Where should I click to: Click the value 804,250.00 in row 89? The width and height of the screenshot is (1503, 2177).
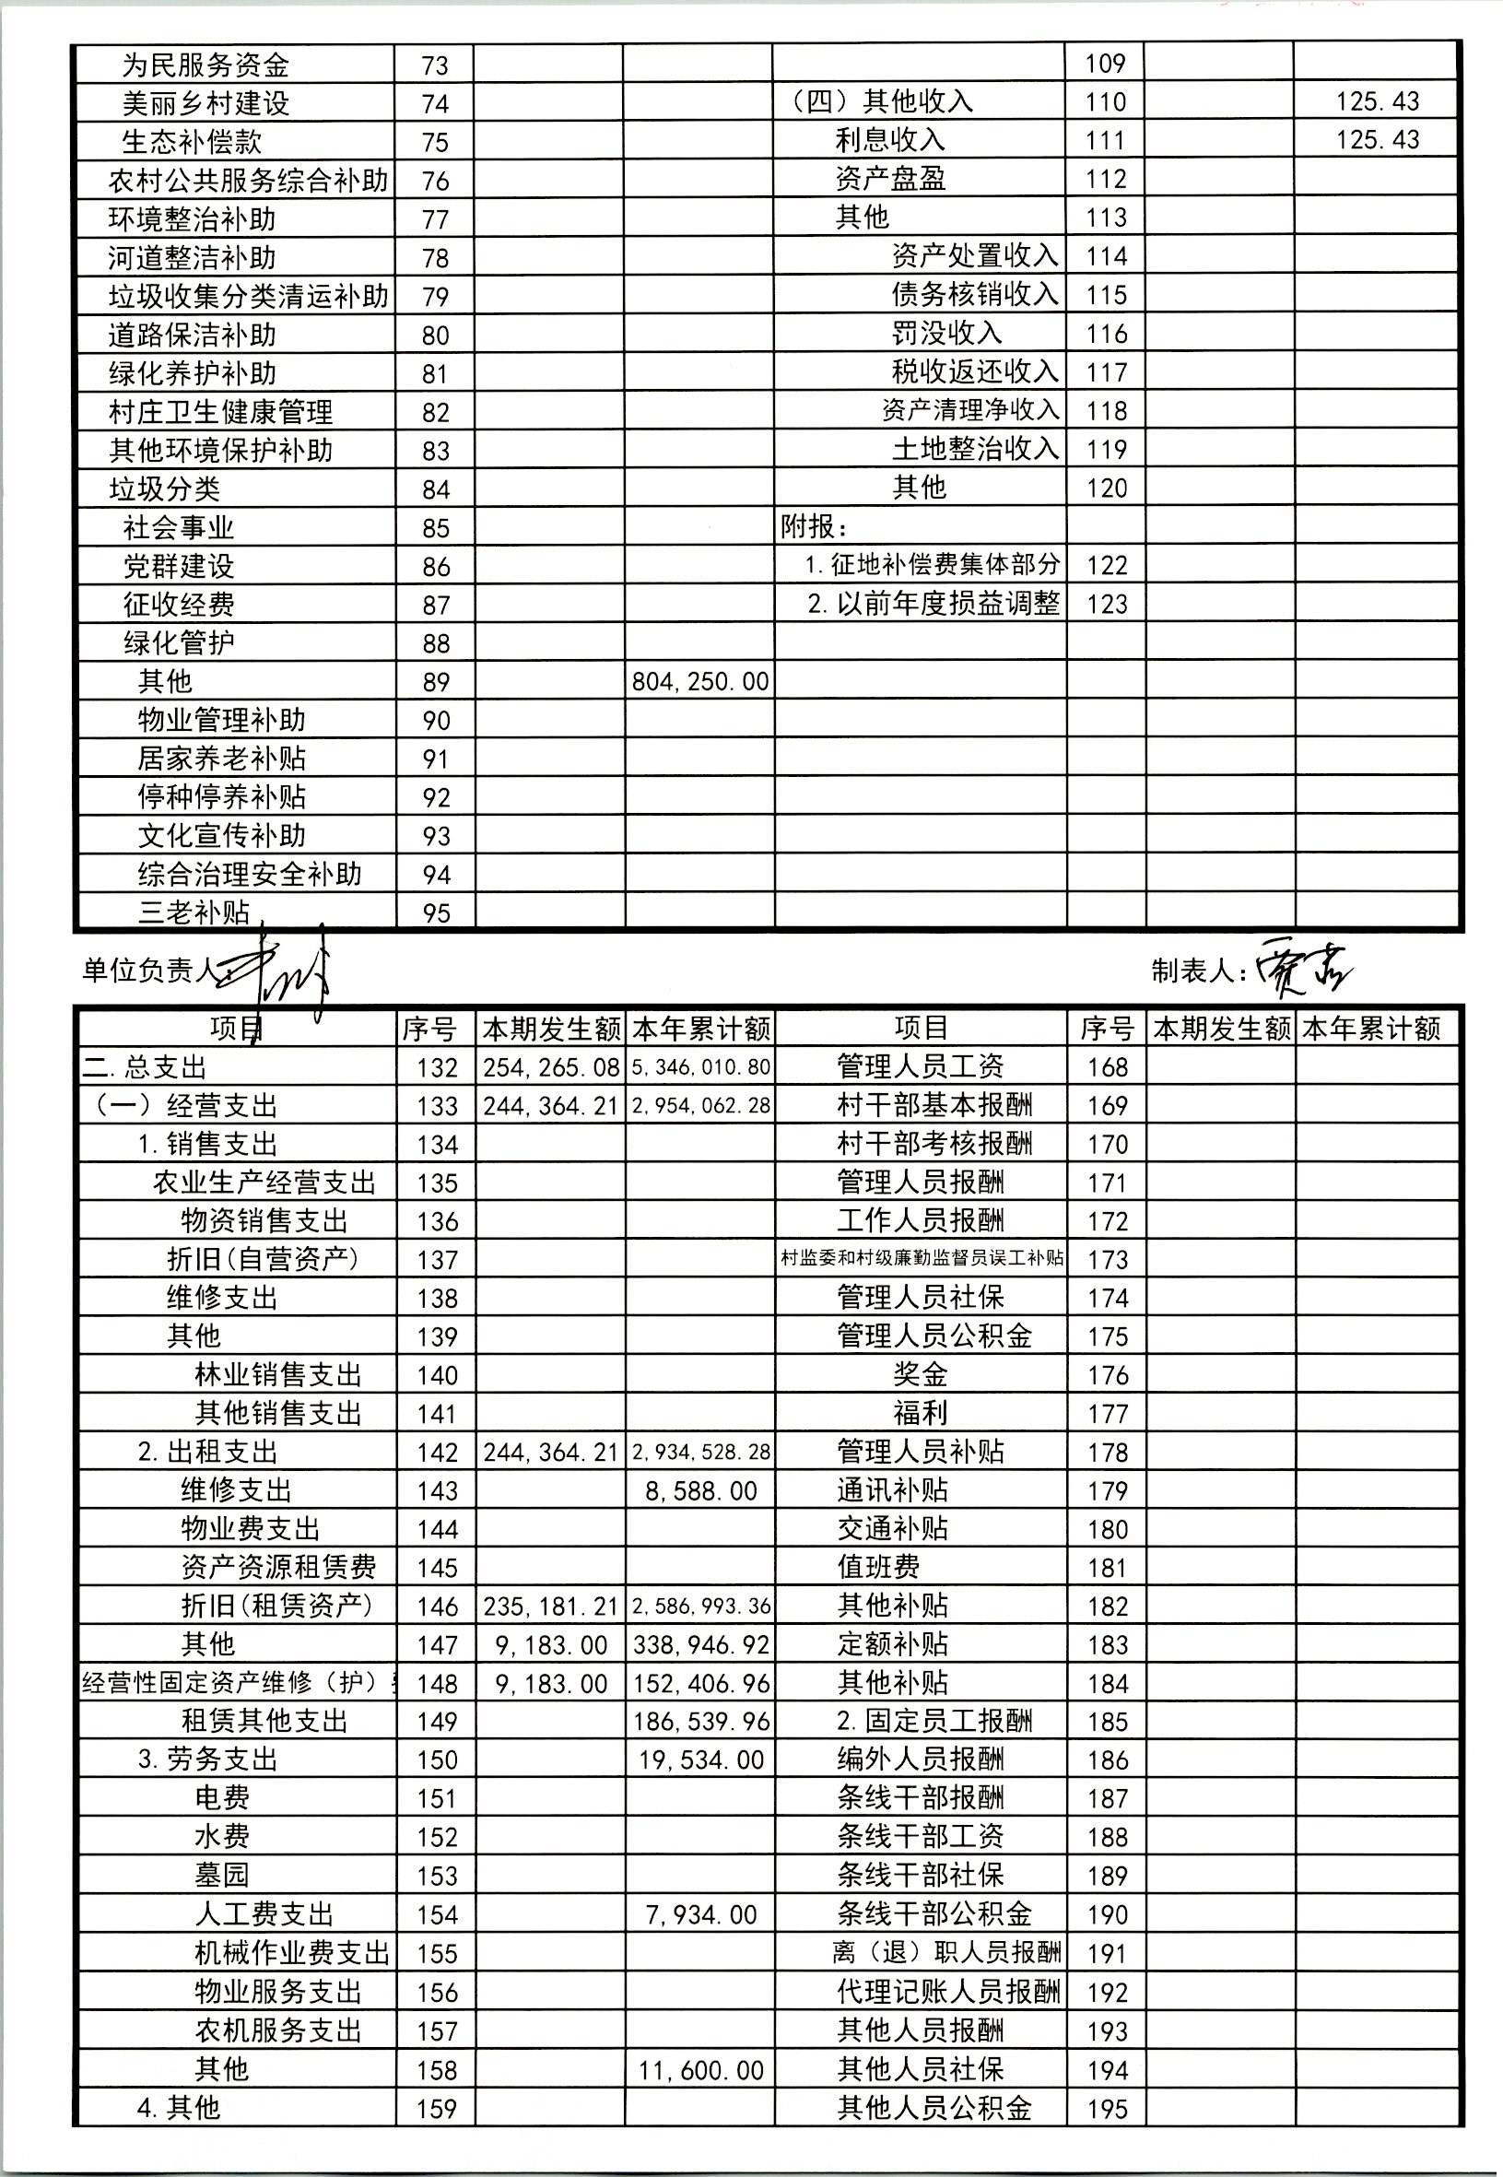[699, 681]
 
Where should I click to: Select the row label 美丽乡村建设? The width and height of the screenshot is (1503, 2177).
[205, 102]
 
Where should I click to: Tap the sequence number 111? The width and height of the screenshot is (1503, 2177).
[1106, 140]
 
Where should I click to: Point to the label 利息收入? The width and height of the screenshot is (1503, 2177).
[889, 139]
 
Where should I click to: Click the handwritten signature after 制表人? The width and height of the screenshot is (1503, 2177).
[1305, 969]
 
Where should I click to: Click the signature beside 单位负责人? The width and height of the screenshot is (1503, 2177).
[283, 970]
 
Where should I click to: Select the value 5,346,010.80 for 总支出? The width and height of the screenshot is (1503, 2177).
[700, 1067]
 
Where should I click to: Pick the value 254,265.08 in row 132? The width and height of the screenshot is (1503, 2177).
[551, 1067]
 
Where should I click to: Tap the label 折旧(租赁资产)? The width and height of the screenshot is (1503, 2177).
[276, 1605]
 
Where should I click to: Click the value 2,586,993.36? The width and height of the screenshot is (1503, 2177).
[700, 1606]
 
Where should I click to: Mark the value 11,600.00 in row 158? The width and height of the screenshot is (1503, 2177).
[700, 2070]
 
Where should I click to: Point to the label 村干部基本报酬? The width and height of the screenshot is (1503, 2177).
[934, 1104]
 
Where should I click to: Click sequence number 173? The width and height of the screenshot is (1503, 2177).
[1107, 1259]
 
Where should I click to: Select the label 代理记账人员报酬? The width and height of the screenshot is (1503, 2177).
[948, 1992]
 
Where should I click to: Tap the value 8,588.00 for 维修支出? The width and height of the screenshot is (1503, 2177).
[700, 1490]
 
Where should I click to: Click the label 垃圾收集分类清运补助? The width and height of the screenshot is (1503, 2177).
[248, 297]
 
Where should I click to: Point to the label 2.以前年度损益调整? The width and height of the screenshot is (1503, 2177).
[934, 604]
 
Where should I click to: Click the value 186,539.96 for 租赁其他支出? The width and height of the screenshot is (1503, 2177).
[700, 1722]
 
